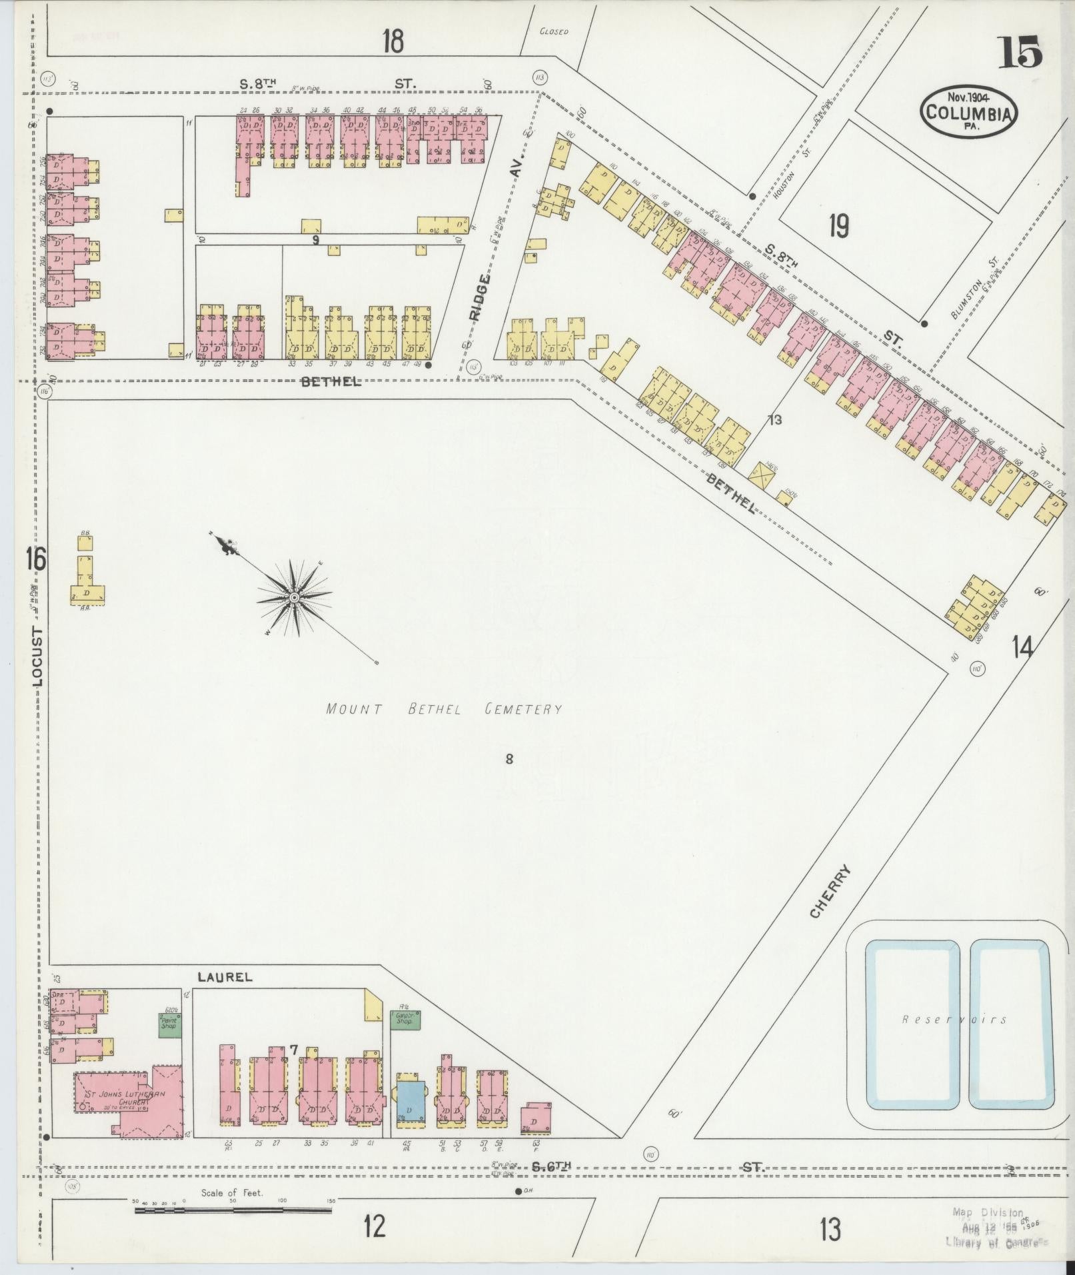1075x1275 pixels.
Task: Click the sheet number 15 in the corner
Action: click(x=1019, y=53)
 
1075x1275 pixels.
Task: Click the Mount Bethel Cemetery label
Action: click(x=444, y=710)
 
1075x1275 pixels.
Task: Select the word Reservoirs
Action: click(x=954, y=1038)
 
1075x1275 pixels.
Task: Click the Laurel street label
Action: click(x=225, y=976)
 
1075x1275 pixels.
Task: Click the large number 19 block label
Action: click(x=838, y=227)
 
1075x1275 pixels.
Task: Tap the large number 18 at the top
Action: click(x=393, y=41)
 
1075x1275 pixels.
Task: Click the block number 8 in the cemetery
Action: click(x=509, y=758)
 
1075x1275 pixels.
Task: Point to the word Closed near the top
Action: click(x=554, y=31)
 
